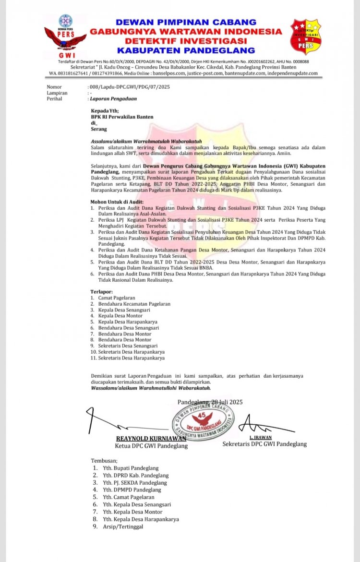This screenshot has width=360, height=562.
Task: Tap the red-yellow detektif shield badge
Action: click(306, 37)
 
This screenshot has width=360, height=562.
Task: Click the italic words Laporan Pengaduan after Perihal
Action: click(114, 99)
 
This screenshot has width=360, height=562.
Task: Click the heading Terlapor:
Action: click(102, 291)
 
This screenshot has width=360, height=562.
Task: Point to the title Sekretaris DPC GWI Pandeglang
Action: click(264, 444)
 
